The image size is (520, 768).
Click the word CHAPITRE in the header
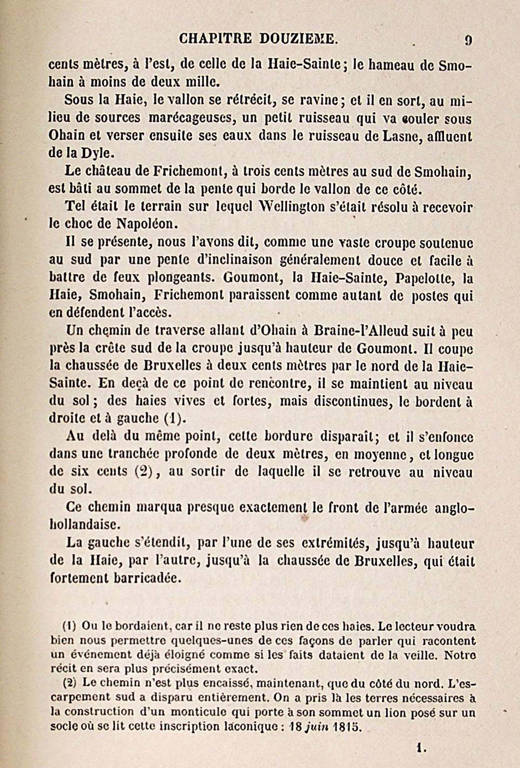click(x=215, y=39)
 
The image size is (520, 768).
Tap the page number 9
click(x=468, y=40)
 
